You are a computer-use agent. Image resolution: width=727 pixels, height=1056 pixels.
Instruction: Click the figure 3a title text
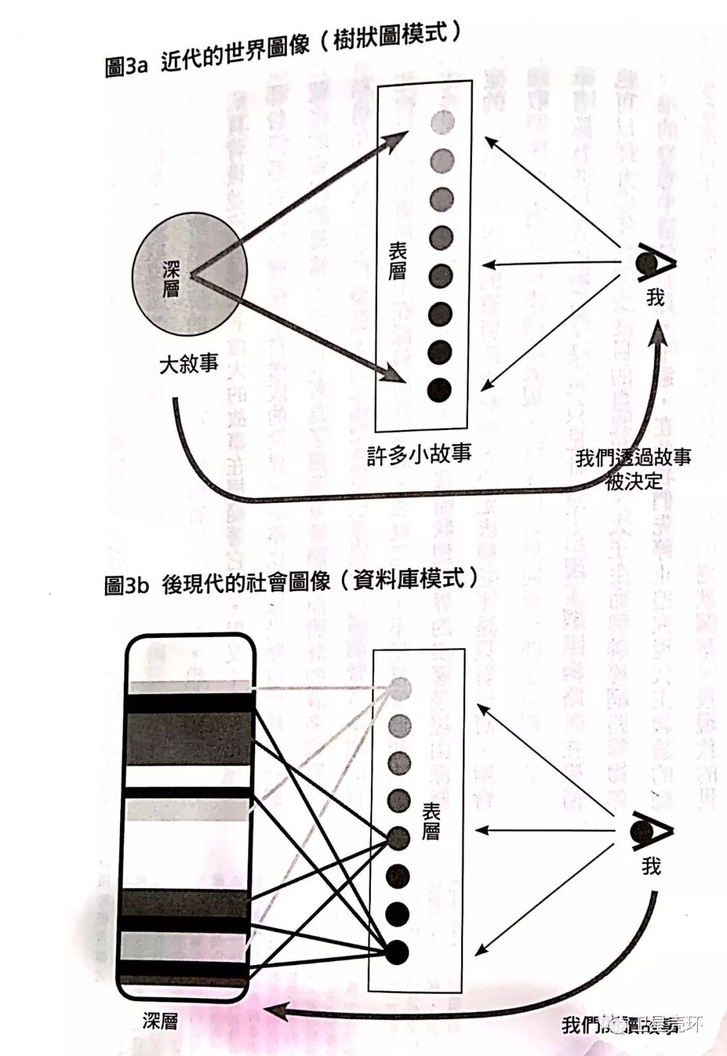283,50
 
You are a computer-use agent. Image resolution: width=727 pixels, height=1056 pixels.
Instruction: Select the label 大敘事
188,364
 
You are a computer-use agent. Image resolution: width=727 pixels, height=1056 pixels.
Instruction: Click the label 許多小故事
419,454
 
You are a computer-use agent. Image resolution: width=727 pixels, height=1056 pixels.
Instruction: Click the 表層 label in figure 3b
431,822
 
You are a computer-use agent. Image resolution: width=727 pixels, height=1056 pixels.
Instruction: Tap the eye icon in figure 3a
654,263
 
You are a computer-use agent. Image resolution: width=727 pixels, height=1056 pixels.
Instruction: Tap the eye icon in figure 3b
650,833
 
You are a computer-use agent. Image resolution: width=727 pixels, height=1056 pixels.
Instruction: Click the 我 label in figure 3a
654,297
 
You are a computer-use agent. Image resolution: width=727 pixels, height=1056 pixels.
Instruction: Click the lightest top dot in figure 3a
442,122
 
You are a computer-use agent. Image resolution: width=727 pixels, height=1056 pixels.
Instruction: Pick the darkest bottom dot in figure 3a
439,389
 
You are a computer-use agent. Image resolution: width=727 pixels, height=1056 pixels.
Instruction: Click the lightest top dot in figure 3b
401,687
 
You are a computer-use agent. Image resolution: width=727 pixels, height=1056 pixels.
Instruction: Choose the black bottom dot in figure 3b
397,952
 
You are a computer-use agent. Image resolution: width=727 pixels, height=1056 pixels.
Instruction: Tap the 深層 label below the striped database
160,1020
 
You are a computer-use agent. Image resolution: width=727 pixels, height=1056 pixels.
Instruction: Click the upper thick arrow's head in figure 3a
399,139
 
